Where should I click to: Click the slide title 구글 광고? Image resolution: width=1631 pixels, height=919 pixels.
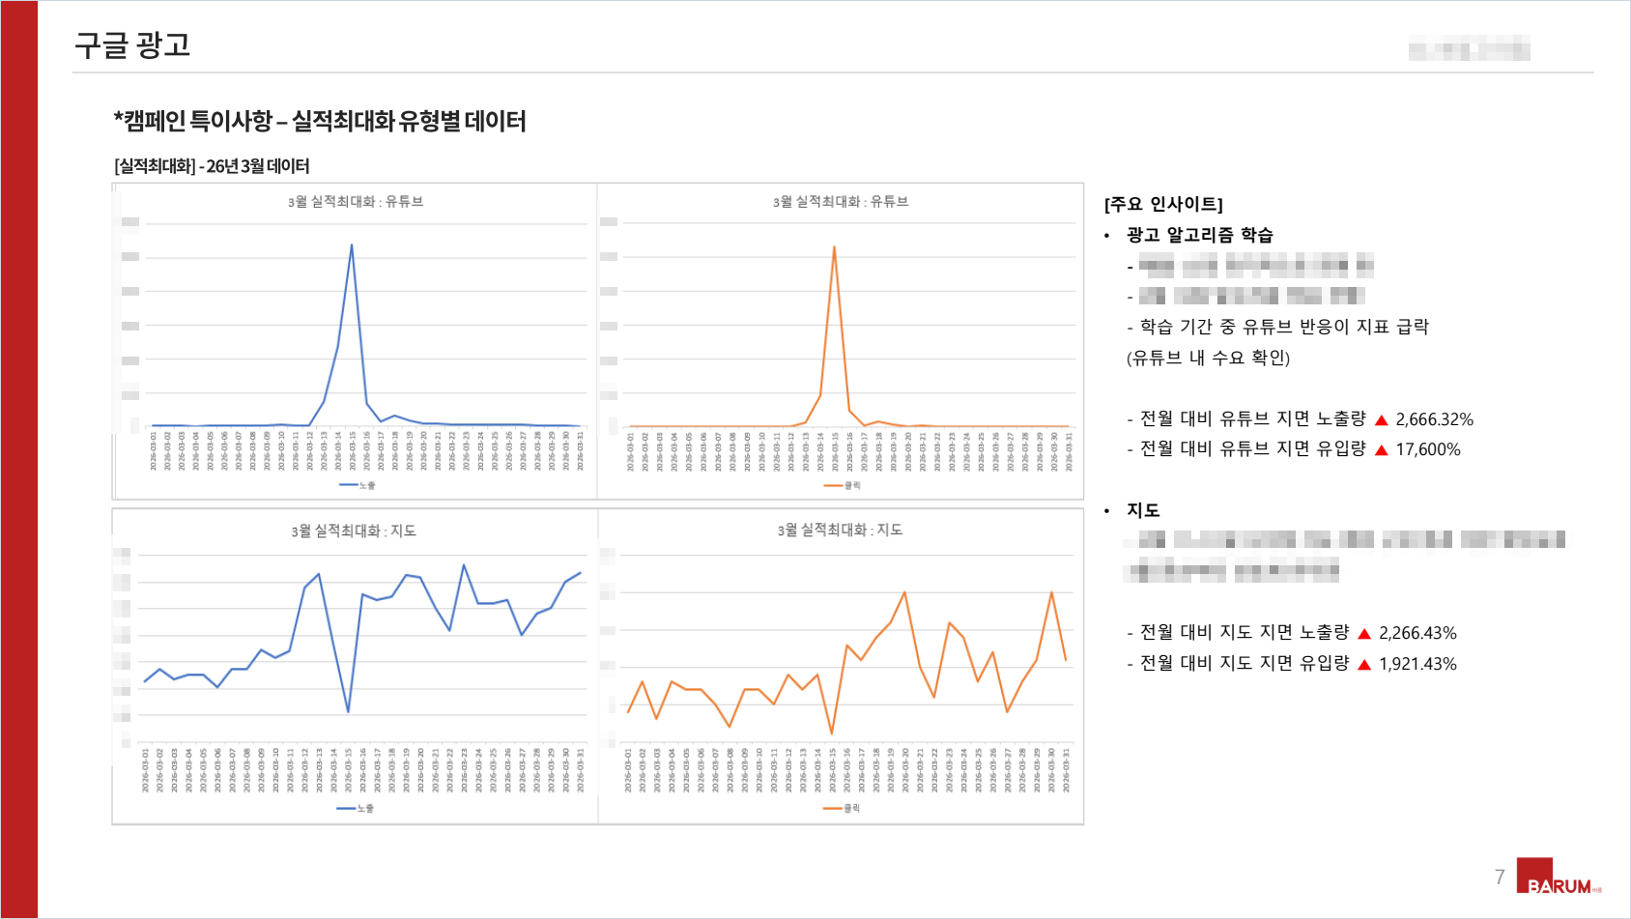pyautogui.click(x=132, y=45)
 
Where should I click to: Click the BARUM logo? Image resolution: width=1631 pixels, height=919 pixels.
pyautogui.click(x=1558, y=877)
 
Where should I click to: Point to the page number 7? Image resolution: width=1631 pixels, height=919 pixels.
pyautogui.click(x=1500, y=876)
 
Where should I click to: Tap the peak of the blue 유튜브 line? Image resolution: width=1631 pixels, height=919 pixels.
pyautogui.click(x=352, y=245)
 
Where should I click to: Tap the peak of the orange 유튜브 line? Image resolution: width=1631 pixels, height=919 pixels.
pyautogui.click(x=834, y=247)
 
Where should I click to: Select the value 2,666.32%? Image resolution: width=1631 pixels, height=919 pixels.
pyautogui.click(x=1434, y=419)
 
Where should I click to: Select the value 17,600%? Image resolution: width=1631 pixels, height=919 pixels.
pyautogui.click(x=1427, y=449)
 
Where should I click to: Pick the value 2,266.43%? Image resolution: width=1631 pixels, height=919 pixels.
pyautogui.click(x=1417, y=633)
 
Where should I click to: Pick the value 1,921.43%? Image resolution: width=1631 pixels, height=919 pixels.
pyautogui.click(x=1417, y=664)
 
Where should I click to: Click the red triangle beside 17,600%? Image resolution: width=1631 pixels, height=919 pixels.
pyautogui.click(x=1382, y=450)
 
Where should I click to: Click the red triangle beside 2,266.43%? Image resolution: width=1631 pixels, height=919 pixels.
pyautogui.click(x=1364, y=634)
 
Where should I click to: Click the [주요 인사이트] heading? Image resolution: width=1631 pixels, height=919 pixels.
pyautogui.click(x=1163, y=204)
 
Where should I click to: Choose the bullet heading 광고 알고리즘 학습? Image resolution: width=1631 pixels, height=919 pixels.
pyautogui.click(x=1199, y=235)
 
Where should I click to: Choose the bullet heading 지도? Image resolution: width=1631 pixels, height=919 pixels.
pyautogui.click(x=1143, y=510)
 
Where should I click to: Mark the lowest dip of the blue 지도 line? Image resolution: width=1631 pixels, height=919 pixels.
pyautogui.click(x=348, y=711)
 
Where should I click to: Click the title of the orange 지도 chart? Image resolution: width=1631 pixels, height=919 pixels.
pyautogui.click(x=840, y=530)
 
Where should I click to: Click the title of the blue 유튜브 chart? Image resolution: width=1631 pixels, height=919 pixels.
pyautogui.click(x=356, y=201)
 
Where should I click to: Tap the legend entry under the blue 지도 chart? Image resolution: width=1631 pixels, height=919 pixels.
pyautogui.click(x=356, y=808)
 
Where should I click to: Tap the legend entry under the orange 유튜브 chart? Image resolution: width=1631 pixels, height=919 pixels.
pyautogui.click(x=842, y=485)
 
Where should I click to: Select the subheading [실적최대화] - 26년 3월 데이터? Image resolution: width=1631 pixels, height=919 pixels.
pyautogui.click(x=212, y=166)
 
